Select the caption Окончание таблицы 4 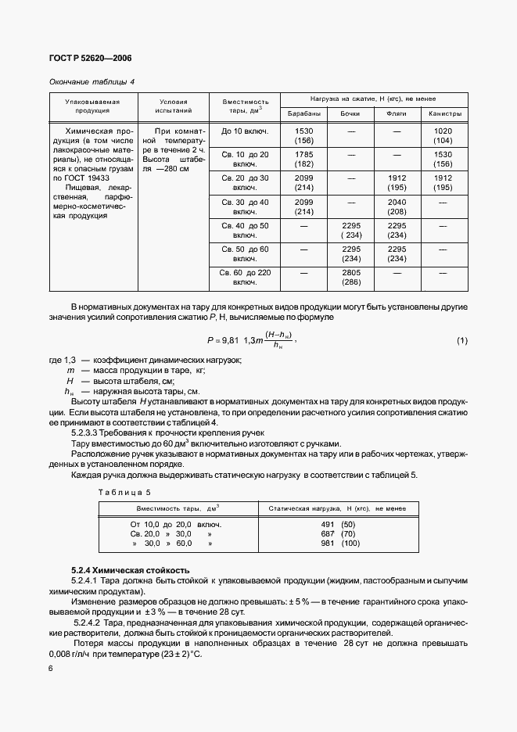[92, 81]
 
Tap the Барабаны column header [303, 114]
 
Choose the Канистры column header [443, 114]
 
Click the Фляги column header [397, 114]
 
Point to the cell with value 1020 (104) [443, 135]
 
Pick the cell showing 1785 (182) [303, 159]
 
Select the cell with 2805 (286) [350, 278]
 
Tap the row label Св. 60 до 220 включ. [245, 278]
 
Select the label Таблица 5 [124, 491]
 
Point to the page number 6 [51, 666]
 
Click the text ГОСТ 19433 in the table [92, 179]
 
